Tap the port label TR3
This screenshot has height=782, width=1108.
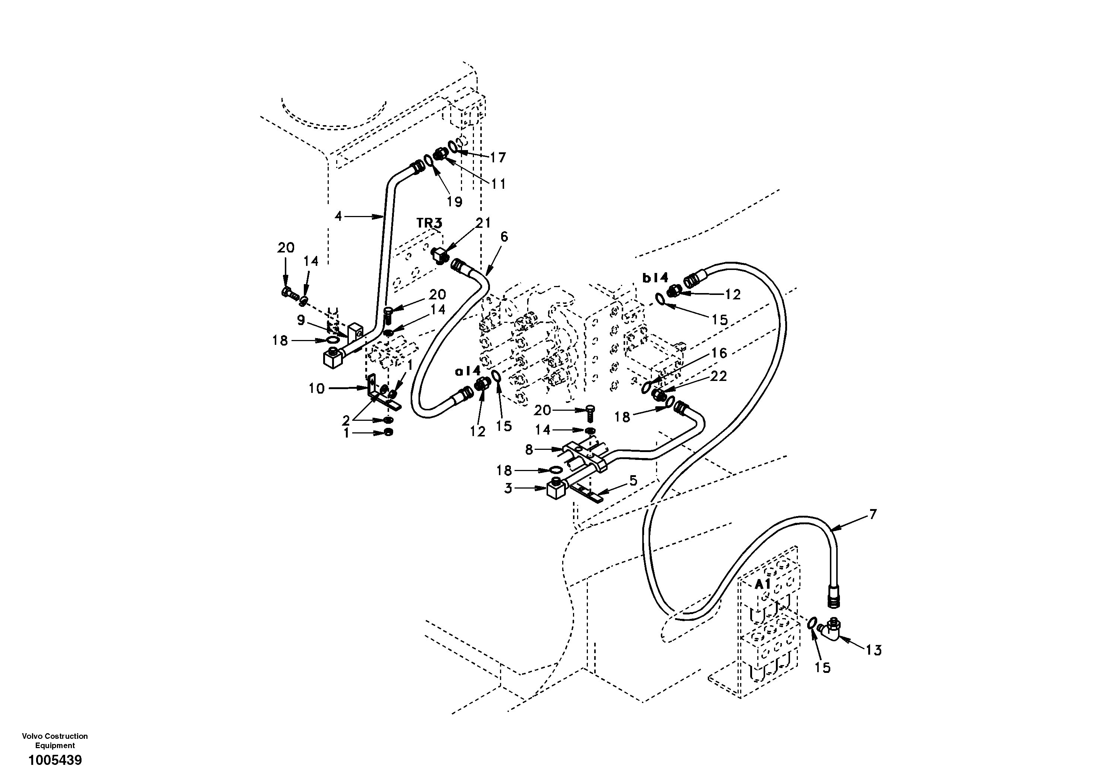coord(429,223)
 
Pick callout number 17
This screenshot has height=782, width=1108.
coord(498,158)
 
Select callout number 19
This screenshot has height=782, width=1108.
coord(454,201)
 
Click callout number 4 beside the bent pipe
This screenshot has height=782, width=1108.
coord(338,216)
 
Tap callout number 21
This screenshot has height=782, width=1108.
coord(483,223)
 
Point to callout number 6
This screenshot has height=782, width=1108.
coord(504,236)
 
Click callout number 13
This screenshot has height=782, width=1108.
coord(873,650)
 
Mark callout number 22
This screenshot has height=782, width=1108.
coord(719,376)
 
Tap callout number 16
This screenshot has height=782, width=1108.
coord(719,353)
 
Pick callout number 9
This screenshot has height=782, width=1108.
coord(301,320)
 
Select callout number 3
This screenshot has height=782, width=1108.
coord(508,489)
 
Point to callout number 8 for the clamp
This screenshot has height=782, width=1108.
coord(529,450)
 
